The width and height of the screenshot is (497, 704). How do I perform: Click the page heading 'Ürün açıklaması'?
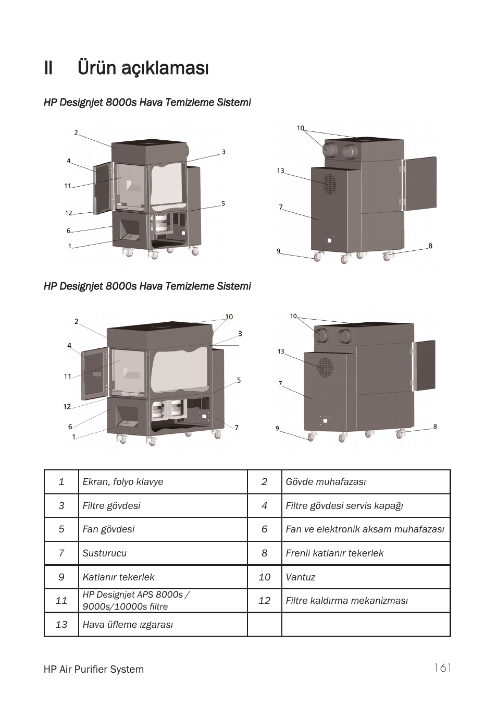(x=143, y=68)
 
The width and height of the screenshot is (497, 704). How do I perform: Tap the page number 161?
(x=442, y=668)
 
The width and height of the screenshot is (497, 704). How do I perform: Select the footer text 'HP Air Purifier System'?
(x=94, y=669)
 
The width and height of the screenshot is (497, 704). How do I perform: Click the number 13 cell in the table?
(x=61, y=625)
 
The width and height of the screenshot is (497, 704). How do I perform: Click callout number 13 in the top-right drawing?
(x=281, y=171)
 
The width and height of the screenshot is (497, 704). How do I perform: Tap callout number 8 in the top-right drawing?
(x=430, y=246)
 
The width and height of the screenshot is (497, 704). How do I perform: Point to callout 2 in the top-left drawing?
(x=76, y=133)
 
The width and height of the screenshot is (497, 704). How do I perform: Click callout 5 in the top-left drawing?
(x=223, y=204)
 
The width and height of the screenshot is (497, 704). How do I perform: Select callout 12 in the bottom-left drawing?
(x=67, y=407)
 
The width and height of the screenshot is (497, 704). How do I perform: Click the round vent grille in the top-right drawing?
(x=329, y=184)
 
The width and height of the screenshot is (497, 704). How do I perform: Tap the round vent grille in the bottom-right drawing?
(x=326, y=367)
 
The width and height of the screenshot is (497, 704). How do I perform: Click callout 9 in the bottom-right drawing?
(x=278, y=428)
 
